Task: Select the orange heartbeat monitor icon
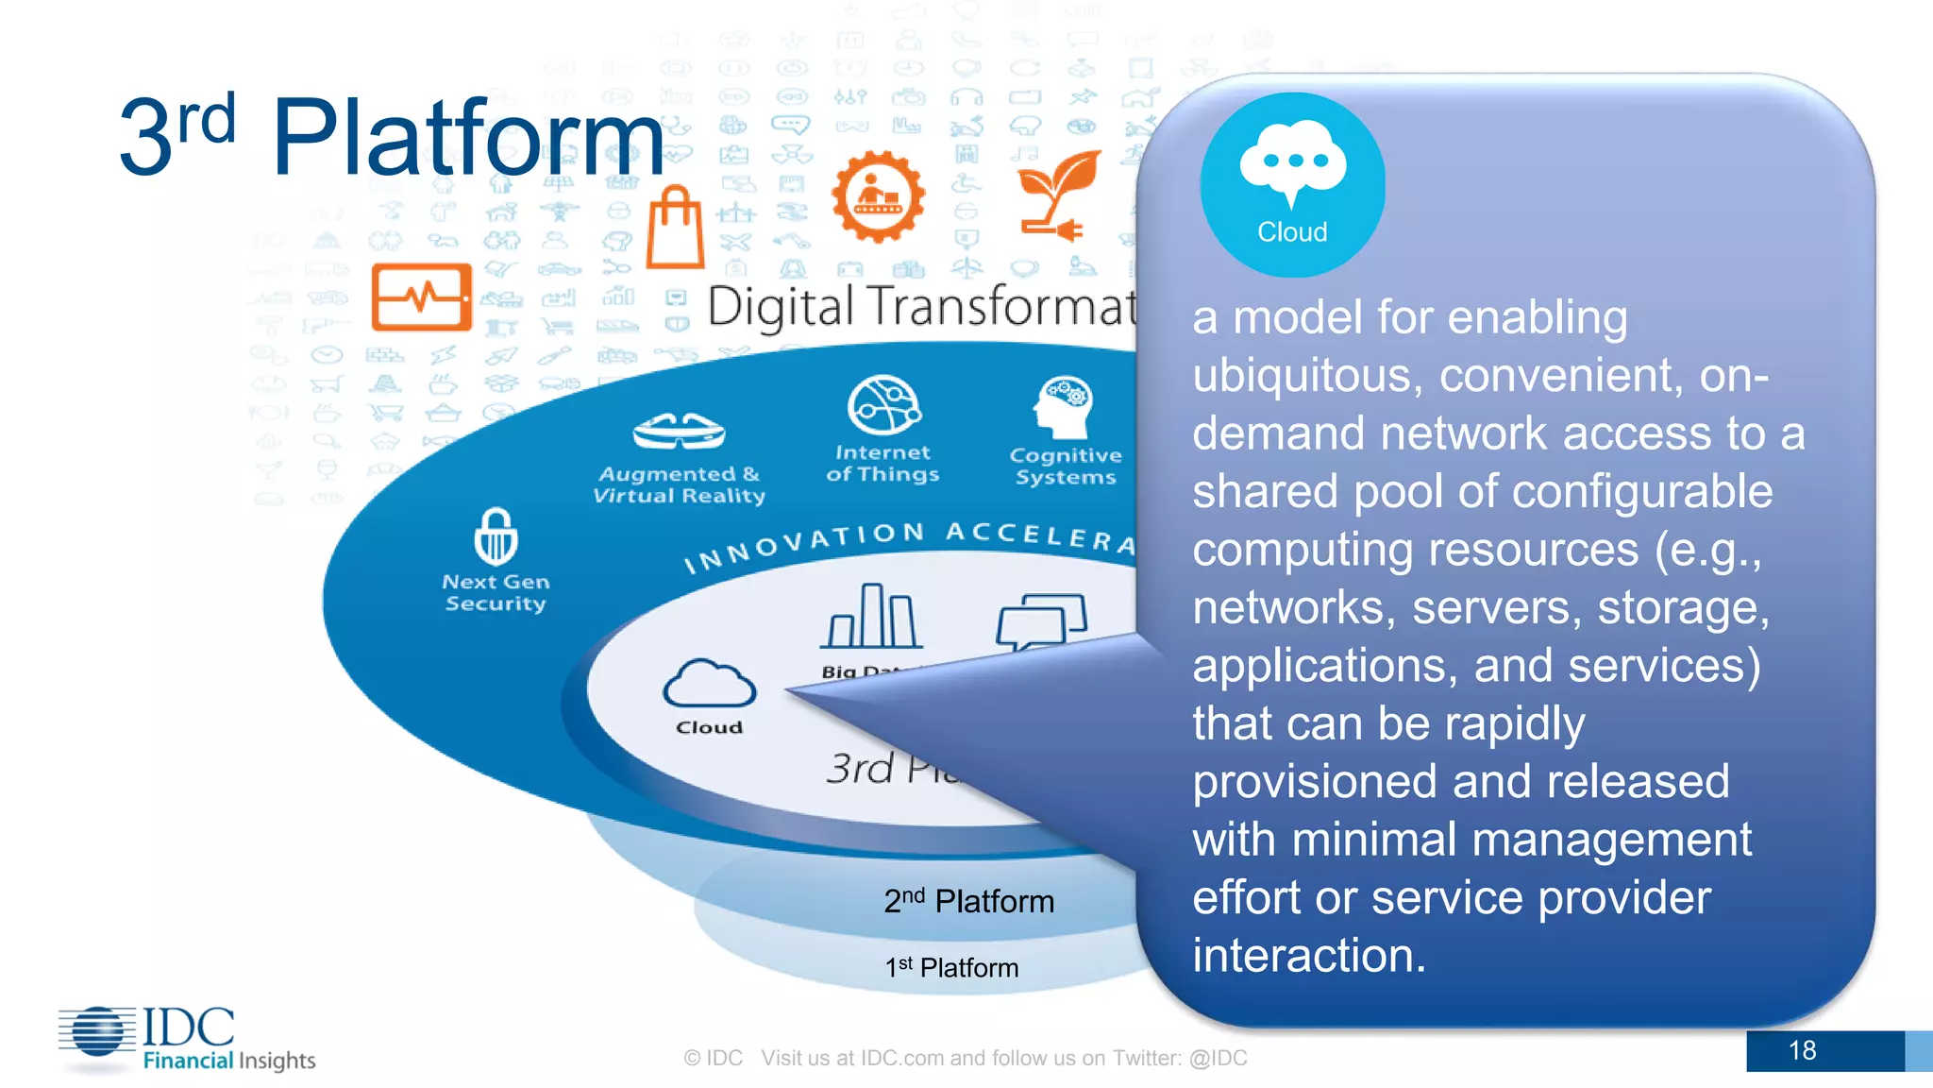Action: pos(422,297)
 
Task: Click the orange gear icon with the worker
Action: pos(878,196)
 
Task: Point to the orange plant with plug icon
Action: pos(1060,195)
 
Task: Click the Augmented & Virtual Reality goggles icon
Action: pos(679,433)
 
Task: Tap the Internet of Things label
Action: pos(882,464)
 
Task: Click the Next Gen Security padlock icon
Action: pos(496,535)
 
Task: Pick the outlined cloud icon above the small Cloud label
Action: pos(709,684)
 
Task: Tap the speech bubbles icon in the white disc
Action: pos(1041,620)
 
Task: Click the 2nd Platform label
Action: pos(968,901)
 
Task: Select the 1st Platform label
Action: pos(951,968)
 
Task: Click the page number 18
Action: pos(1802,1050)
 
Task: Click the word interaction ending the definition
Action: pos(1308,956)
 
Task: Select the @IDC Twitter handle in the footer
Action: pos(1218,1058)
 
